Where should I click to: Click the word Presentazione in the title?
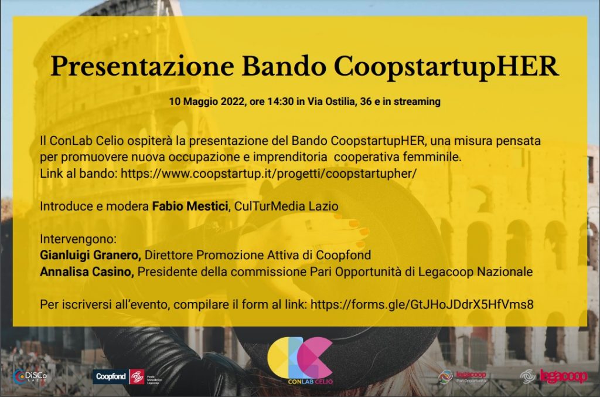142,67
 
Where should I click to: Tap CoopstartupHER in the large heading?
446,67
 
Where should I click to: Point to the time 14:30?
281,101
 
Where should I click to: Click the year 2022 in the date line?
233,101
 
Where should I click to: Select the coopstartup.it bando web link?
268,174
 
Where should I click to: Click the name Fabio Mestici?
190,206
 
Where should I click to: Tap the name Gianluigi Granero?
90,255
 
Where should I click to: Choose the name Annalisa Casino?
87,272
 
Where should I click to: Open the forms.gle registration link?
422,305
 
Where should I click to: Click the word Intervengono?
78,239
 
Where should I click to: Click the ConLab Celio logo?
300,361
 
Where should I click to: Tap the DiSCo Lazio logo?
30,376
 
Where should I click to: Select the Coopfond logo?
127,377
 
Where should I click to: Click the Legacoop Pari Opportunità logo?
462,376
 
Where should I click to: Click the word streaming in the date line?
417,101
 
